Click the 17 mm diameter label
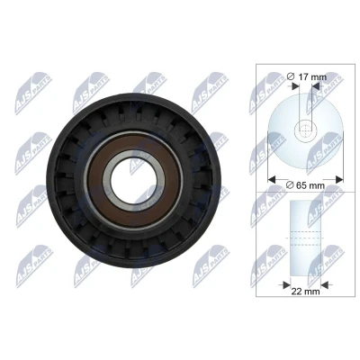pyautogui.click(x=307, y=76)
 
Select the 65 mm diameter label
pyautogui.click(x=305, y=185)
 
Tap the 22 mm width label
pyautogui.click(x=306, y=291)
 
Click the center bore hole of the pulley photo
pyautogui.click(x=133, y=180)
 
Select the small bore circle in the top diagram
pyautogui.click(x=305, y=130)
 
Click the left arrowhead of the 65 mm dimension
pyautogui.click(x=272, y=180)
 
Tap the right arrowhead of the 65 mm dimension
pyautogui.click(x=339, y=180)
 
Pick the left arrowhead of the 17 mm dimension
pyautogui.click(x=295, y=85)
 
